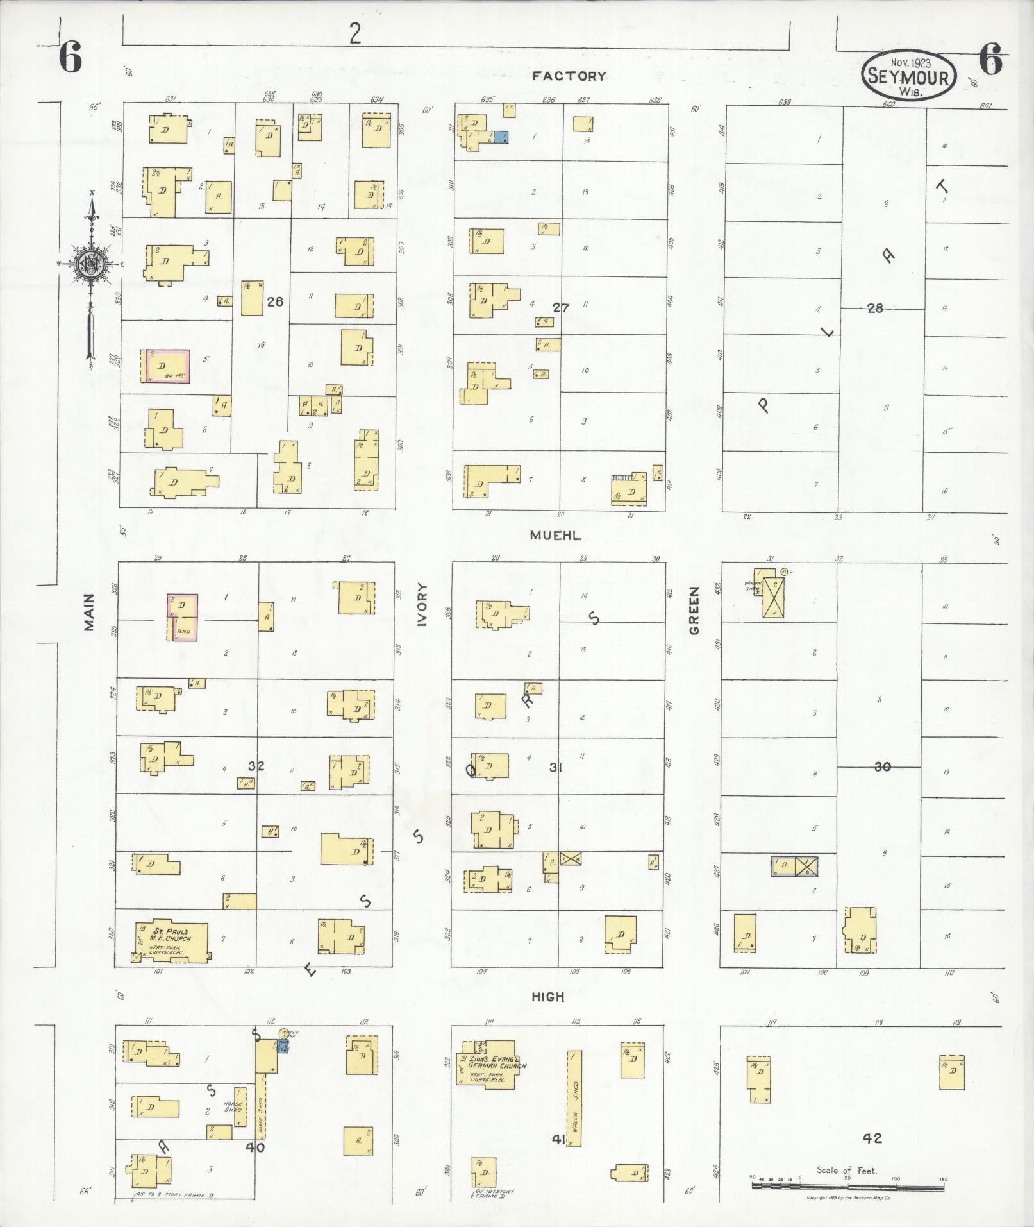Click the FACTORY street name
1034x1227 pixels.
coord(569,76)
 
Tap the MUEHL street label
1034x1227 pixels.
coord(555,536)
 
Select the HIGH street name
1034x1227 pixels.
coord(548,997)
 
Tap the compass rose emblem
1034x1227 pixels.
coord(90,263)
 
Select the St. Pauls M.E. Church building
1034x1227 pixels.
coord(171,940)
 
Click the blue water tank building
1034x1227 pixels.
coord(283,1045)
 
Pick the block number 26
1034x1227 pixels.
coord(275,301)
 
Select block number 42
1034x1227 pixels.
coord(872,1138)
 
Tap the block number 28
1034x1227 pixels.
coord(875,309)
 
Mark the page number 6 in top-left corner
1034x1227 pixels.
coord(71,60)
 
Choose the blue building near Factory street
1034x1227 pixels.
coord(500,137)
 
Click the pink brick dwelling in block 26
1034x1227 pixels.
coord(165,366)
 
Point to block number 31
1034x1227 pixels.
coord(555,766)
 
